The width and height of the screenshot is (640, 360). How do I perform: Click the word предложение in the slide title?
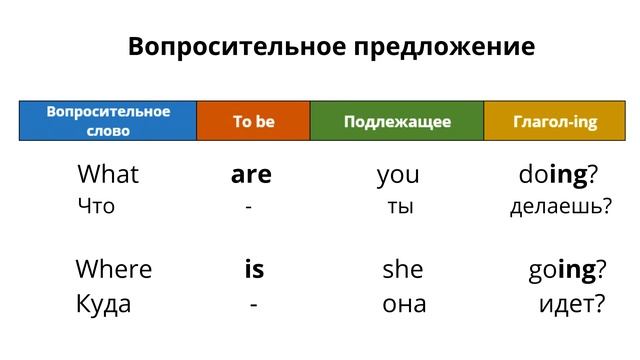[x=439, y=47]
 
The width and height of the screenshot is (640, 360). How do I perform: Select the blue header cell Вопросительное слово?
[x=108, y=121]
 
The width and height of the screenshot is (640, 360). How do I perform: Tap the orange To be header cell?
[x=253, y=121]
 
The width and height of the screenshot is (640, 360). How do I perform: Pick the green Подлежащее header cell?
[x=397, y=121]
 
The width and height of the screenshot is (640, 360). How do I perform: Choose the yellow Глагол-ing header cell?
[x=555, y=121]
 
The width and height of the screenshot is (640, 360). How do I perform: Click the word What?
[x=108, y=175]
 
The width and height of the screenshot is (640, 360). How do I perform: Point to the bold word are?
[x=251, y=176]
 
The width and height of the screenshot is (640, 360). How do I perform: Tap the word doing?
[x=558, y=176]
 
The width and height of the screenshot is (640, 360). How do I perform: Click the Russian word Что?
[x=96, y=207]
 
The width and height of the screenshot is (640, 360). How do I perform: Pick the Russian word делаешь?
[x=560, y=208]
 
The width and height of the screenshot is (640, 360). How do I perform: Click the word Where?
[x=114, y=269]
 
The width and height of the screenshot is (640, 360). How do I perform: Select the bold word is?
[x=254, y=269]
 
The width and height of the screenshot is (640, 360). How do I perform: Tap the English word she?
[x=403, y=270]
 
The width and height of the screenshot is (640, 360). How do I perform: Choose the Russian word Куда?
[x=103, y=303]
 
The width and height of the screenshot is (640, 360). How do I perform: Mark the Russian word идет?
[x=571, y=303]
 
